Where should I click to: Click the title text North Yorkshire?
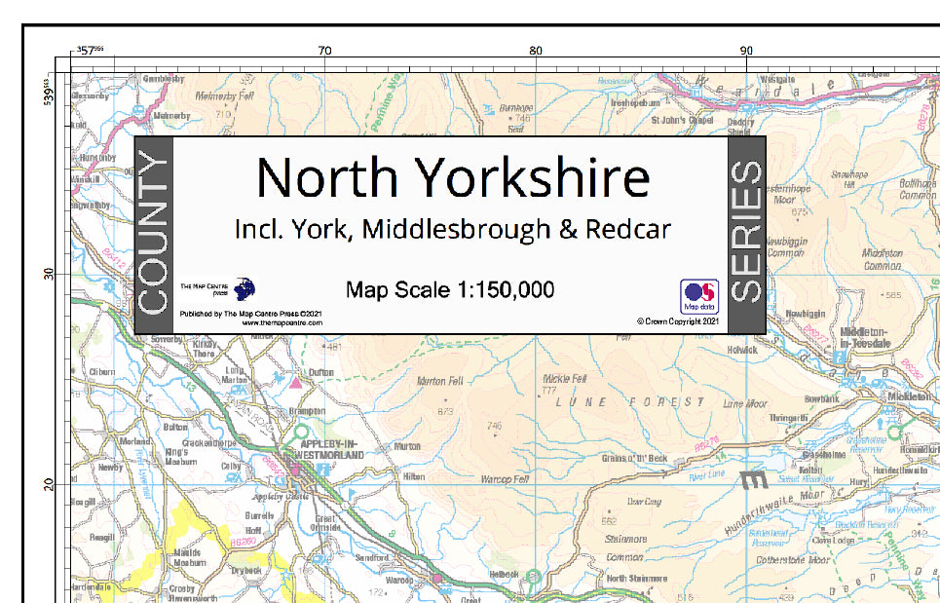tap(452, 178)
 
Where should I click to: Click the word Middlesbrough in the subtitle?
tap(472, 230)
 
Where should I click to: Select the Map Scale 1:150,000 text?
tap(450, 289)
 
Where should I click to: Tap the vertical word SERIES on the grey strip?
tap(747, 234)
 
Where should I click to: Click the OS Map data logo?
tap(698, 295)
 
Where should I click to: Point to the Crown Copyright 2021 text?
tap(678, 320)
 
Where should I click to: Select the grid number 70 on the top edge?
tap(324, 51)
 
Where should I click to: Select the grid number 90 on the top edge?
tap(746, 51)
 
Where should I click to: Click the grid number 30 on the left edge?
tap(49, 274)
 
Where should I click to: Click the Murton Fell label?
tap(438, 382)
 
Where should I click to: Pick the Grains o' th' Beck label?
tap(634, 458)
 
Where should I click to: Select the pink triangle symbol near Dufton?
tap(295, 381)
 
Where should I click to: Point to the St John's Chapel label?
tap(681, 121)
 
